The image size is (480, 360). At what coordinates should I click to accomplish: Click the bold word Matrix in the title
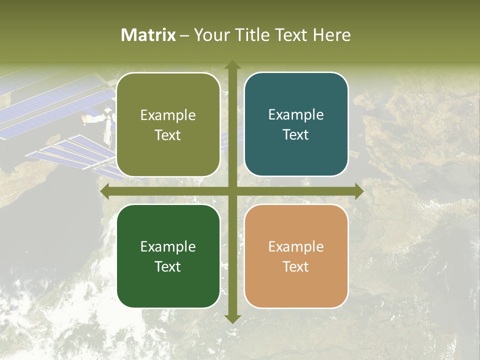coord(148,35)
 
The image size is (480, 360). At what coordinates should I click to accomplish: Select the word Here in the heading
coord(331,35)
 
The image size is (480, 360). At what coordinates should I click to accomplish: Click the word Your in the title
coord(209,35)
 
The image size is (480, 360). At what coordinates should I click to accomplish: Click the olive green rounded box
coord(168,125)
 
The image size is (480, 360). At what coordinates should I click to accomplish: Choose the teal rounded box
coord(296,124)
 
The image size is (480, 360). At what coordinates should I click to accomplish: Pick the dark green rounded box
coord(168,256)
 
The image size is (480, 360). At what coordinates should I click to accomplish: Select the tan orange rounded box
coord(296,256)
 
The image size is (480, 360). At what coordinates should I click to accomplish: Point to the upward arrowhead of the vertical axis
coord(232,65)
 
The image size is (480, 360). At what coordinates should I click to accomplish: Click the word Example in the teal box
coord(296,114)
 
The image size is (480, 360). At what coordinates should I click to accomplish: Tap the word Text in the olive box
coord(167,135)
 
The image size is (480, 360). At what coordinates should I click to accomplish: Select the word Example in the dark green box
coord(168,246)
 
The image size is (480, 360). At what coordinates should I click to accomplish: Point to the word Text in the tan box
coord(296,266)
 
